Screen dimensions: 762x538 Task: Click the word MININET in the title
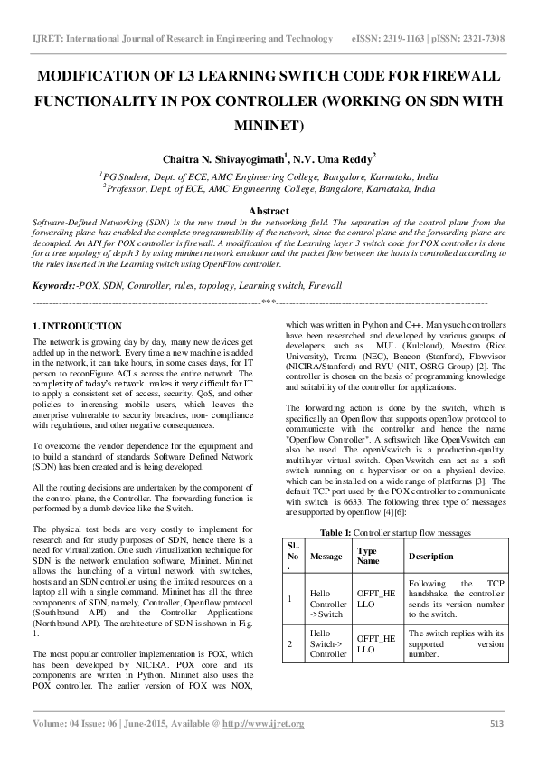pos(269,125)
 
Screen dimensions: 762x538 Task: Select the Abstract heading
pos(269,210)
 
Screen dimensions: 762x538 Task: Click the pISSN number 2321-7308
pos(483,39)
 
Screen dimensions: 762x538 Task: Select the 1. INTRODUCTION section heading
pos(77,326)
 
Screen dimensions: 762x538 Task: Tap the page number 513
pos(496,724)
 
